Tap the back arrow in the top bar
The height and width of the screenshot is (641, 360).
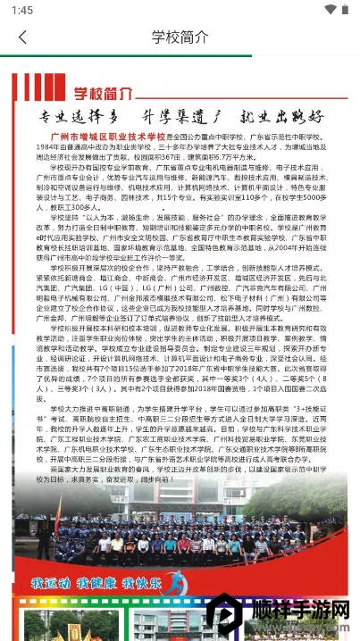point(22,37)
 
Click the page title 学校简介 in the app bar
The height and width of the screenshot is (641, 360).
point(180,37)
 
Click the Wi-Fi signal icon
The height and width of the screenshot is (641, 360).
point(330,9)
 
